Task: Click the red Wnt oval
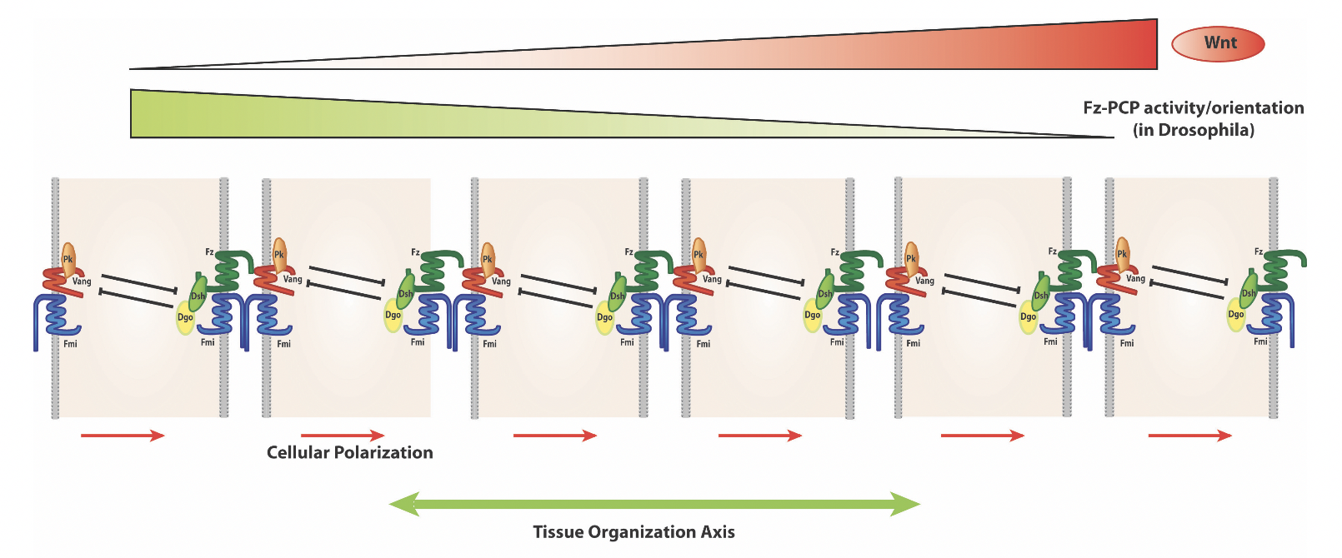coord(1218,44)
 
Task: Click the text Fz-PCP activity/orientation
coord(1193,107)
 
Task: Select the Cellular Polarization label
coord(349,452)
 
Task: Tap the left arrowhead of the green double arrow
coord(403,504)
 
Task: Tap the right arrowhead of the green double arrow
coord(906,504)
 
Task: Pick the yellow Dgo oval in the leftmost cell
coord(184,318)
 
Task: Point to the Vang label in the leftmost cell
coord(82,281)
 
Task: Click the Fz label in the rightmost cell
coord(1259,252)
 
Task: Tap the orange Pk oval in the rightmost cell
coord(1122,253)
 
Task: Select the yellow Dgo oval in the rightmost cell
coord(1235,316)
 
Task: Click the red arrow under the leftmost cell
coord(123,435)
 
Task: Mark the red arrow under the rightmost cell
coord(1189,435)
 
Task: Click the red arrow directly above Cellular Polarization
coord(342,435)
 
